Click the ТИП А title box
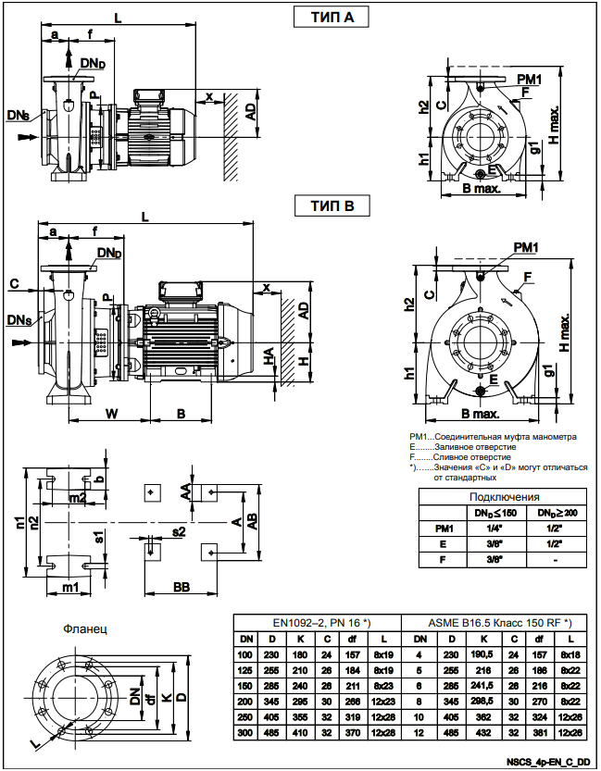[x=330, y=18]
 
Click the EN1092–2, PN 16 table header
[x=315, y=622]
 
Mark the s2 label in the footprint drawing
[x=179, y=531]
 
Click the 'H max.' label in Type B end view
[x=565, y=328]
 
